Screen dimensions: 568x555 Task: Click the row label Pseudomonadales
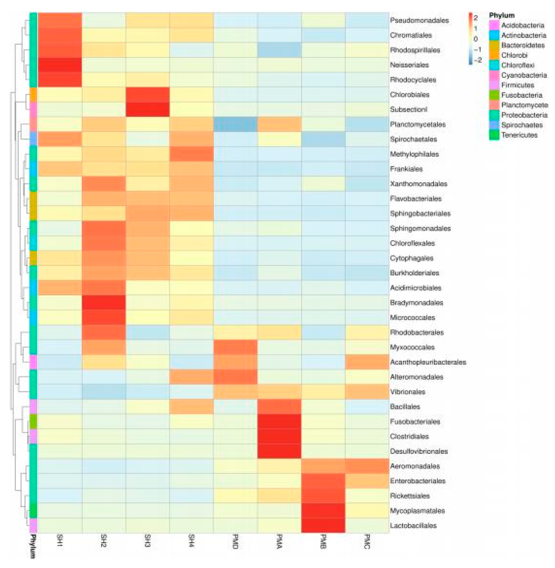(419, 20)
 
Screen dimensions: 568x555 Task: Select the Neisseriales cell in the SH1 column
(60, 65)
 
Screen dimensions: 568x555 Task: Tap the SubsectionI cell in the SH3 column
(147, 109)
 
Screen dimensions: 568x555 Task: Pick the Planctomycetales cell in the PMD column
(235, 124)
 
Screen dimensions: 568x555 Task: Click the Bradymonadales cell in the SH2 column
(104, 302)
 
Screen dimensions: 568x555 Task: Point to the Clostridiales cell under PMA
(279, 436)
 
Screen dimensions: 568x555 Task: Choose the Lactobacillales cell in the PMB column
(323, 525)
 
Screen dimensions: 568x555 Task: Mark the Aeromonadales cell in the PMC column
(367, 466)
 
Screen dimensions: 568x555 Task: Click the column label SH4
(191, 541)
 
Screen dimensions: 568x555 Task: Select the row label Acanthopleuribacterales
(428, 362)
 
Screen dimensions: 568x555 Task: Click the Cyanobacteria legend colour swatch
(494, 75)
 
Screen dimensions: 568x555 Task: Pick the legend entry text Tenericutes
(519, 135)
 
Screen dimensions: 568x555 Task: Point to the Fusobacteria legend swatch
(494, 95)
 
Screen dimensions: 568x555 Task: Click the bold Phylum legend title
(501, 15)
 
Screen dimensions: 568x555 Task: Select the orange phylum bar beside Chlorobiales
(33, 95)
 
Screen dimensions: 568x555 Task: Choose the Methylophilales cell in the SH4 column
(191, 154)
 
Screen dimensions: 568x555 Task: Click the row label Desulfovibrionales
(419, 451)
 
